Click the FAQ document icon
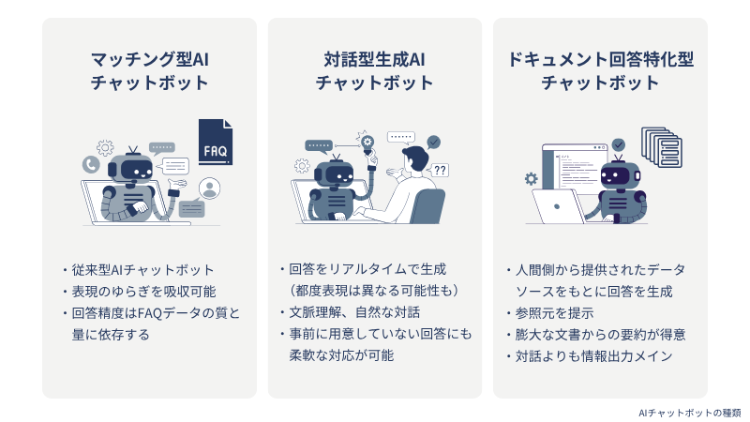click(216, 143)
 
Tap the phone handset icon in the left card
click(91, 165)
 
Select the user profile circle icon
click(209, 188)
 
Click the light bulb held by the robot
click(367, 144)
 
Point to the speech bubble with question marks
click(440, 171)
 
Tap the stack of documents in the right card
click(662, 147)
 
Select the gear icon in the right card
click(531, 178)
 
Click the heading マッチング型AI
click(150, 60)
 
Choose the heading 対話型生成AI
click(374, 60)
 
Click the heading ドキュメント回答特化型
click(600, 60)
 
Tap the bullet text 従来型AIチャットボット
click(142, 270)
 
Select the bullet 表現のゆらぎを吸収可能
click(144, 292)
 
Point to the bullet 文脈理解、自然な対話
click(354, 312)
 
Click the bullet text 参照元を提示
click(554, 313)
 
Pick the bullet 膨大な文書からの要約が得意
click(600, 335)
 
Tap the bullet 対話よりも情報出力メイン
click(594, 356)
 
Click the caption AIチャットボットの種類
click(690, 413)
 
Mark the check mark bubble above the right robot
click(619, 144)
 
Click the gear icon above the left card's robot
click(105, 147)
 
